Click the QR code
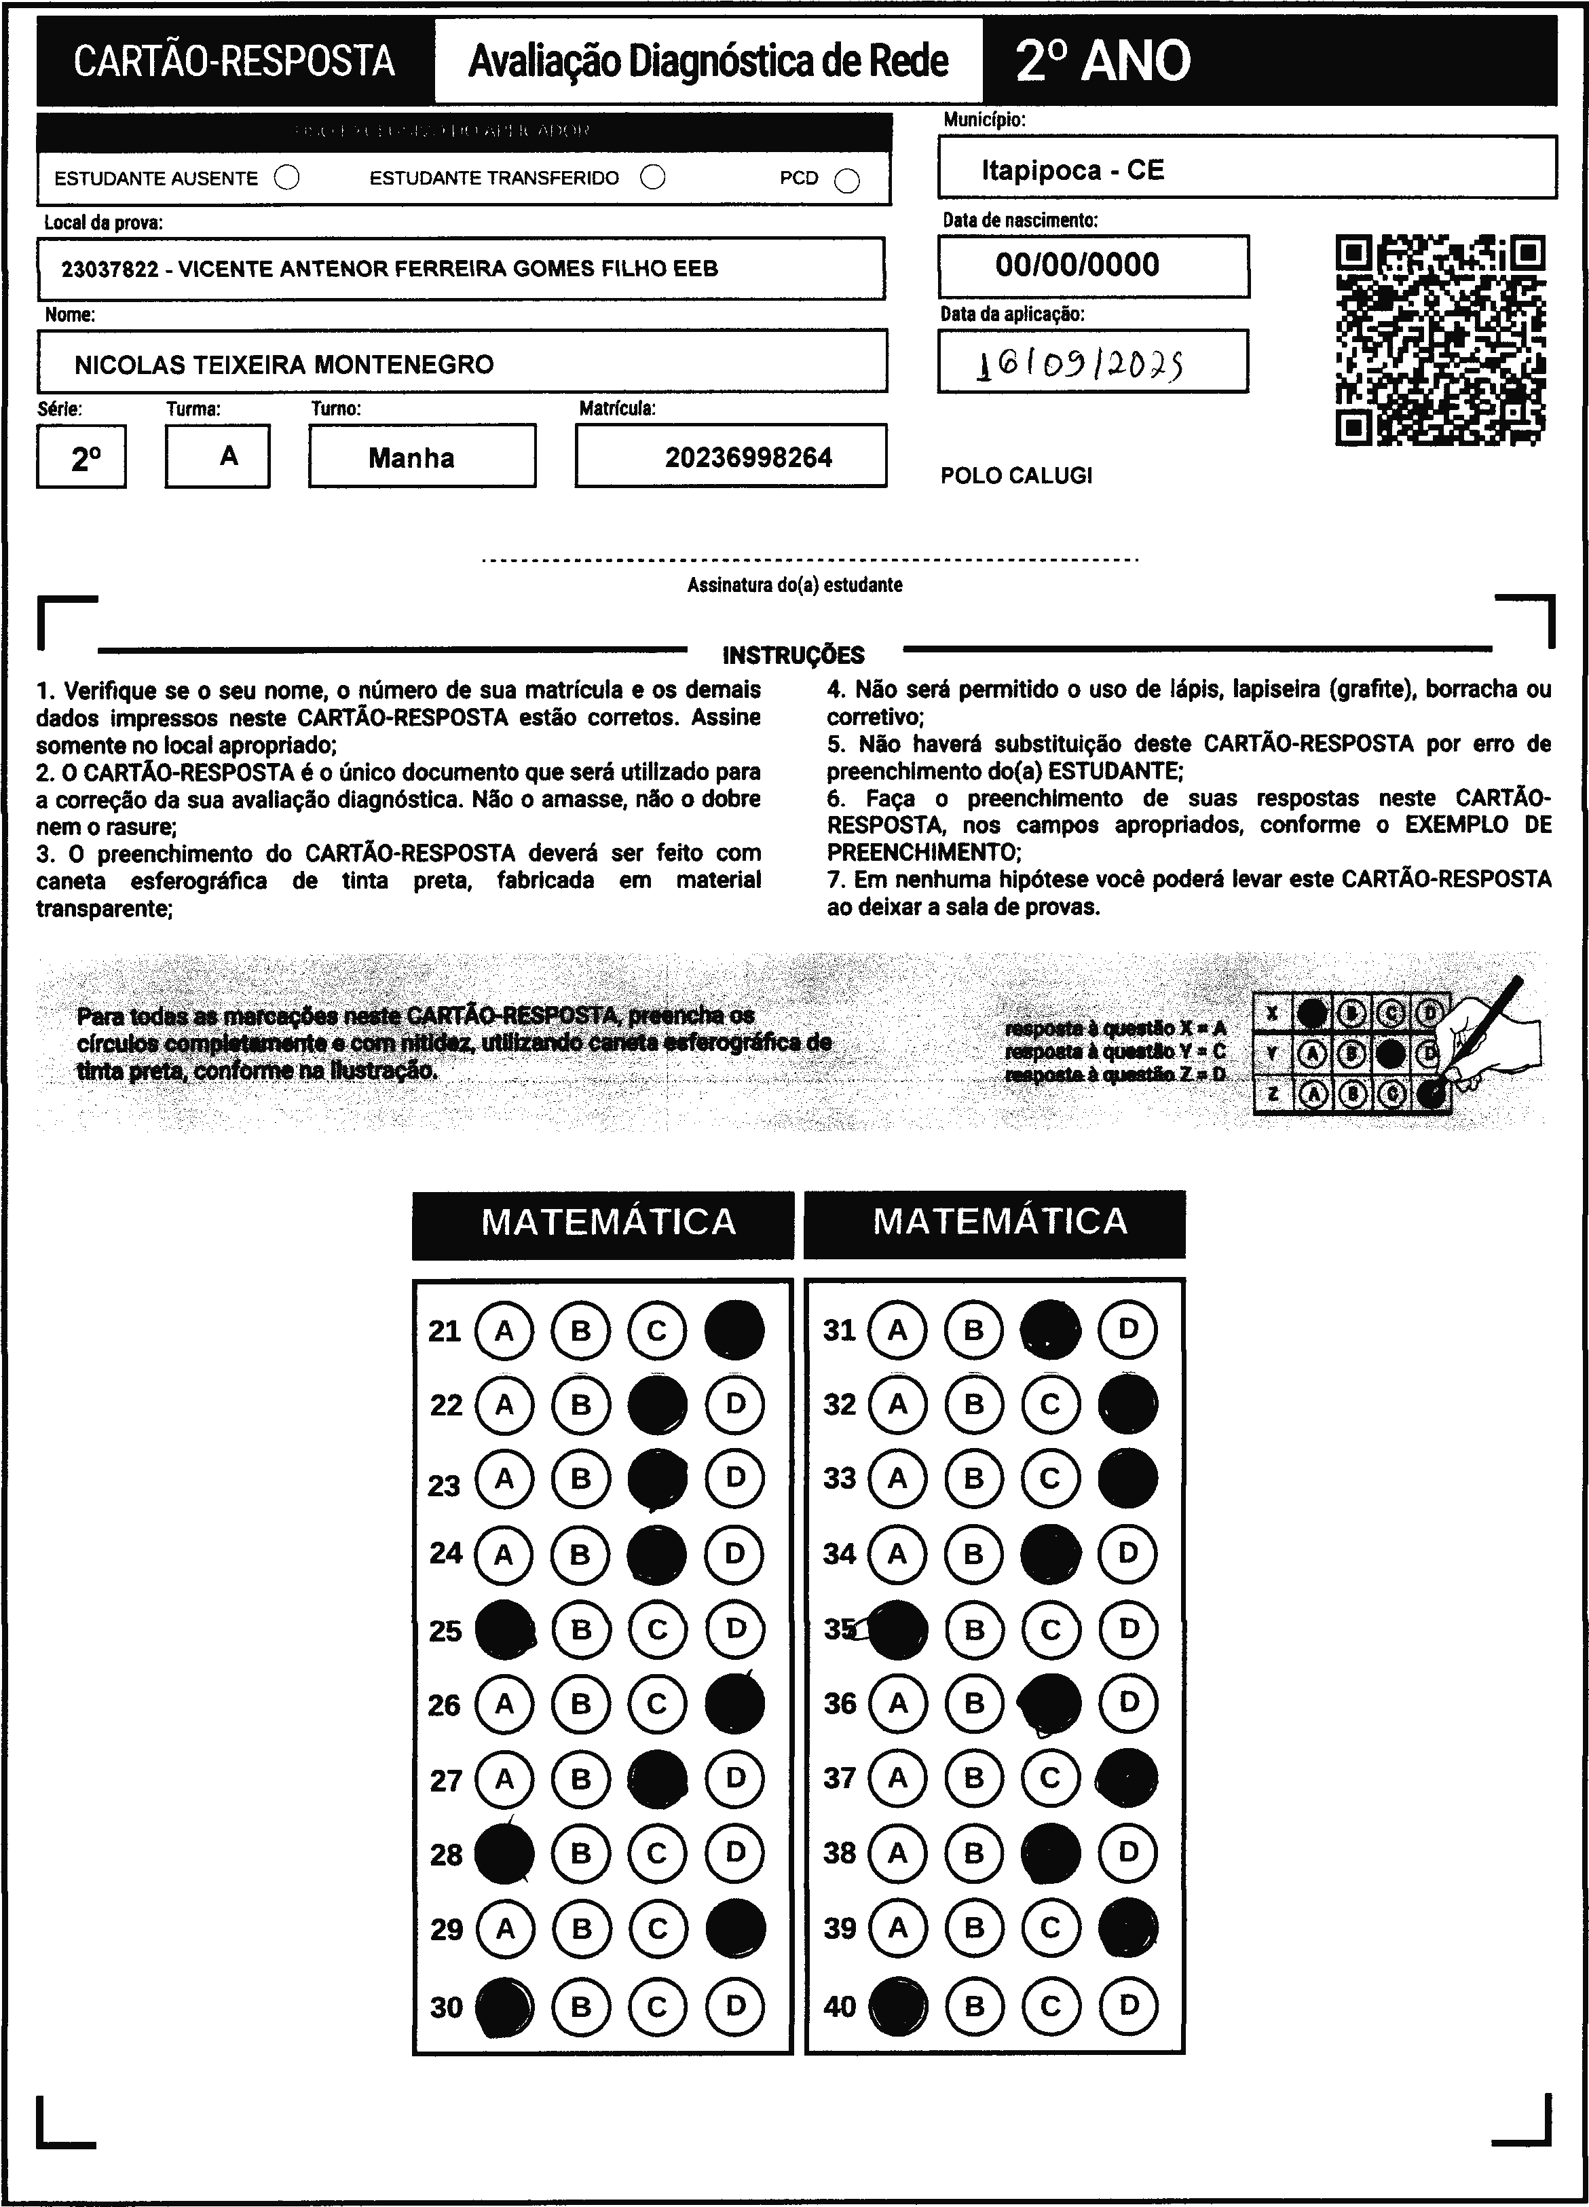(1440, 341)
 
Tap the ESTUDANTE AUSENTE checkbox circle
(287, 178)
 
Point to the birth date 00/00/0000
(1077, 265)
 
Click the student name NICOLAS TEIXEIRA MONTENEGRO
(284, 365)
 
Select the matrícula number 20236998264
(748, 458)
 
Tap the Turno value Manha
(411, 458)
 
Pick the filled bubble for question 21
(734, 1330)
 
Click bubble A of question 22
(504, 1404)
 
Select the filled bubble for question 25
(504, 1629)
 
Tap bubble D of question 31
(1127, 1329)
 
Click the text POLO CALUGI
(1016, 476)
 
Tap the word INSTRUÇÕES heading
(793, 655)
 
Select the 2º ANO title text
(1102, 61)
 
